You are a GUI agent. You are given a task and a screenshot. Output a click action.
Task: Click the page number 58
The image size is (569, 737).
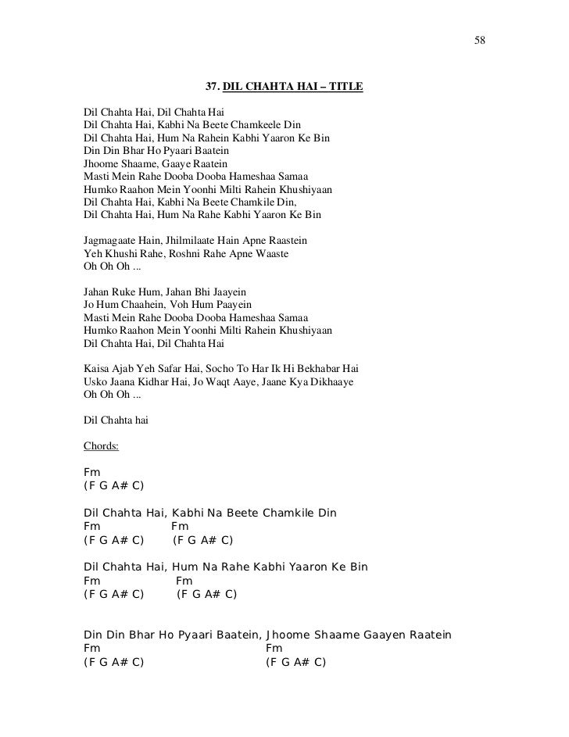(480, 40)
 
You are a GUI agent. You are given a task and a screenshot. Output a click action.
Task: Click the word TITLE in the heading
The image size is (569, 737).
(345, 86)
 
